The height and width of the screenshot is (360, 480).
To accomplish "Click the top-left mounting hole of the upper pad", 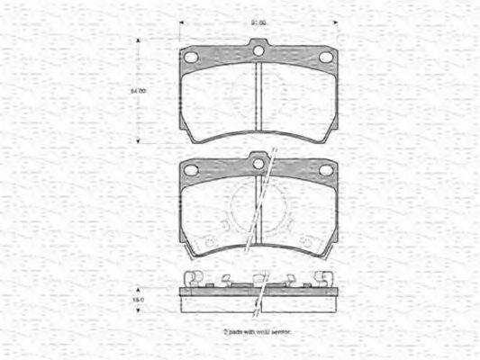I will [191, 57].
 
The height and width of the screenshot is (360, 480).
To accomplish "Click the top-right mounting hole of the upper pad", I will [326, 57].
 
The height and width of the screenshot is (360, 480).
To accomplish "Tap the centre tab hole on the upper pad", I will [258, 51].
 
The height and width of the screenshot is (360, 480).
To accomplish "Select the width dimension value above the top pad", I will [258, 22].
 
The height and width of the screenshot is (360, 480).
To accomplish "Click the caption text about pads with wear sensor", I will [258, 332].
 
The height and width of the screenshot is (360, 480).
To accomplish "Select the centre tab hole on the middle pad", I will [258, 162].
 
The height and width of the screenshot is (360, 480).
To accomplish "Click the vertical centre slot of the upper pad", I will [258, 99].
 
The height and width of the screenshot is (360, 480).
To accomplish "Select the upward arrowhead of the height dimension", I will [138, 41].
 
